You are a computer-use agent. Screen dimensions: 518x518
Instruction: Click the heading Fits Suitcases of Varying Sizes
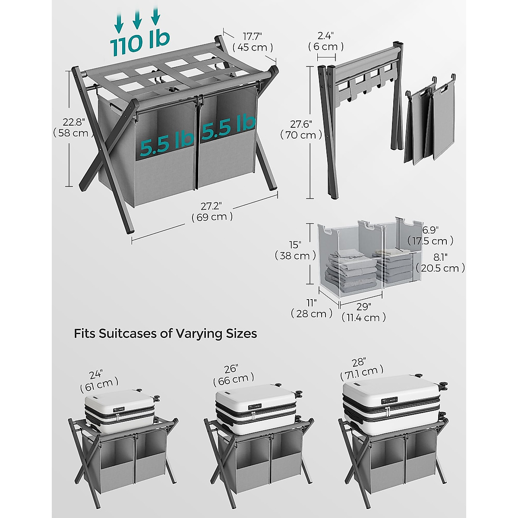[165, 334]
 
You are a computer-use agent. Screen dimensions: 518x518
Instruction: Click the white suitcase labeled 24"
[120, 411]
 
